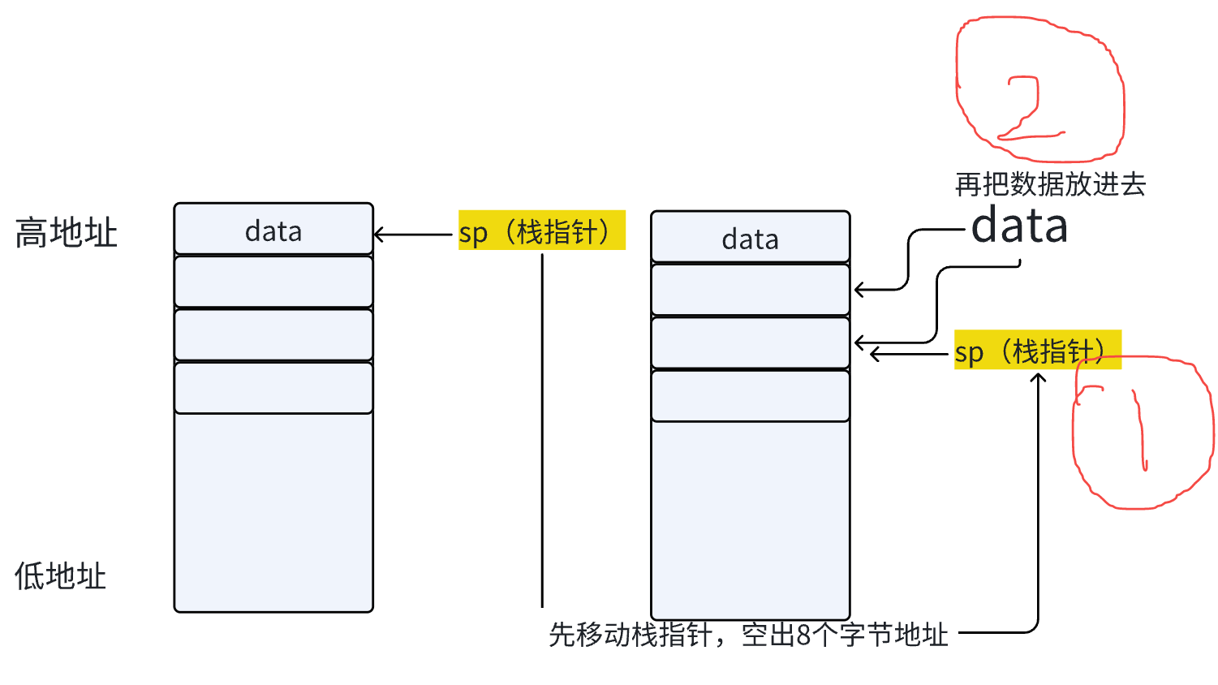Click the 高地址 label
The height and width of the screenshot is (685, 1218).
67,233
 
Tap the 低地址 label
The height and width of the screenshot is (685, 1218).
61,576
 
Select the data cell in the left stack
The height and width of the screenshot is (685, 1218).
273,230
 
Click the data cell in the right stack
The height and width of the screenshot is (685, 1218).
750,239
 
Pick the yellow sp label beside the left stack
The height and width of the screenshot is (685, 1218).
541,231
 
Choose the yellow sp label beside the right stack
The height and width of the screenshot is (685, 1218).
1036,351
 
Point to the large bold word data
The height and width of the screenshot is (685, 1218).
1019,226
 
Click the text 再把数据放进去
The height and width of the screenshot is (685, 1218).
1050,184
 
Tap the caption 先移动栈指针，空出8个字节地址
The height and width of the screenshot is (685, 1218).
748,634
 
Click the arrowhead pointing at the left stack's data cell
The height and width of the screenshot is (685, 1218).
378,235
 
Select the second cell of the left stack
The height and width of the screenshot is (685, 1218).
273,282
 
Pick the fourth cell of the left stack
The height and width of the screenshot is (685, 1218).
273,388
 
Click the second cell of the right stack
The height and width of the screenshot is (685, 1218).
750,290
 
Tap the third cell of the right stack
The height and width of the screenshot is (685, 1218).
750,342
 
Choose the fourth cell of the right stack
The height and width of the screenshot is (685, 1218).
750,396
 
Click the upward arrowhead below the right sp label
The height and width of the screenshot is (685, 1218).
1038,377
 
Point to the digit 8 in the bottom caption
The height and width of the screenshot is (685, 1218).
803,635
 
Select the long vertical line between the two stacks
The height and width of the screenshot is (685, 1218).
542,430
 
